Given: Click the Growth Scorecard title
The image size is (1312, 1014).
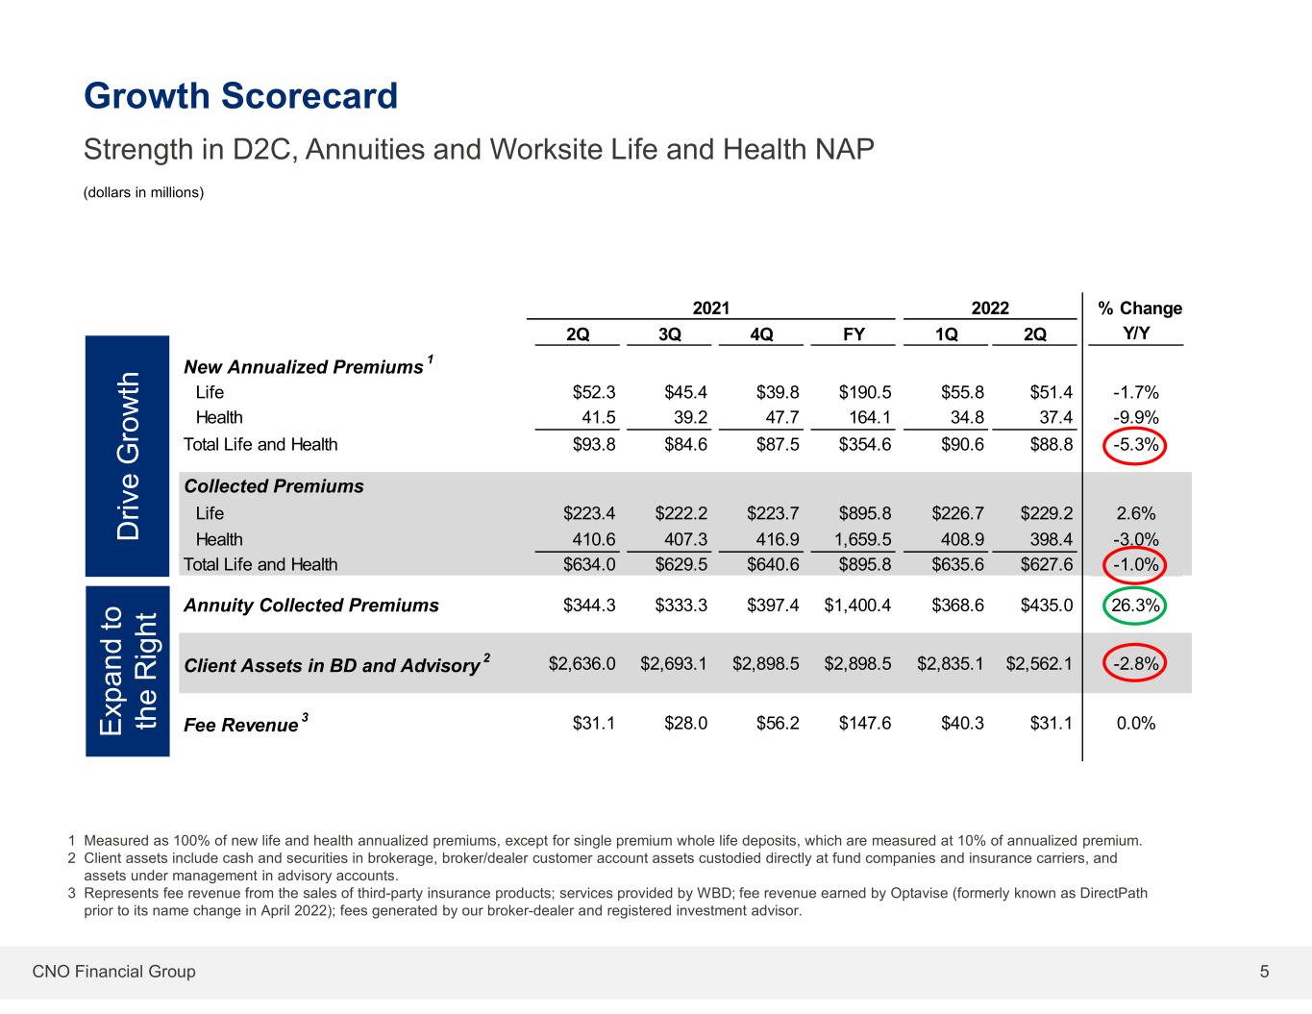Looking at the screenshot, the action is [241, 96].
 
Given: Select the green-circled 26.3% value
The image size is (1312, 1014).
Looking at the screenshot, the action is [1134, 606].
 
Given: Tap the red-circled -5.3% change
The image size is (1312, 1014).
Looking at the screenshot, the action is [1134, 445].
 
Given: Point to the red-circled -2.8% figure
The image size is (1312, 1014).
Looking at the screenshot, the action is [1134, 664].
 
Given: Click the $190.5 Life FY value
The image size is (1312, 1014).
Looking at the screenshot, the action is [865, 393].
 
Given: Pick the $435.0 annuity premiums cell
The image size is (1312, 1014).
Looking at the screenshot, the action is [1047, 606].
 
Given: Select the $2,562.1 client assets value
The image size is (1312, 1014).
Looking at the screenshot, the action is [1039, 664].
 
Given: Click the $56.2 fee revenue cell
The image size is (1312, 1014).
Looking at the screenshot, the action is [778, 723].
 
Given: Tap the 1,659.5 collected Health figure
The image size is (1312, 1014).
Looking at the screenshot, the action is [863, 539].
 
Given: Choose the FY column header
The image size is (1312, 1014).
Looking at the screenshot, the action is [854, 334].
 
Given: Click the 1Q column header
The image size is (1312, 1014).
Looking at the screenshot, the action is [946, 334].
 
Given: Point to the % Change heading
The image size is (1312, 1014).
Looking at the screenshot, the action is [1139, 309].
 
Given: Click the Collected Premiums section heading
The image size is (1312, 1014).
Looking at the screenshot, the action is [274, 486].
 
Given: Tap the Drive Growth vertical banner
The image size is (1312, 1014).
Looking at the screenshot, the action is [128, 457].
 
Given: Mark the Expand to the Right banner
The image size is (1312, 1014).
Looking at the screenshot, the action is [128, 671].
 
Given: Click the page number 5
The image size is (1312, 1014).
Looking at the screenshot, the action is [1264, 972].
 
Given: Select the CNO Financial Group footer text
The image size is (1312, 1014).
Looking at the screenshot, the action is [113, 972].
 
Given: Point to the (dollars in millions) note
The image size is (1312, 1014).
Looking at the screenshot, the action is [144, 192].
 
